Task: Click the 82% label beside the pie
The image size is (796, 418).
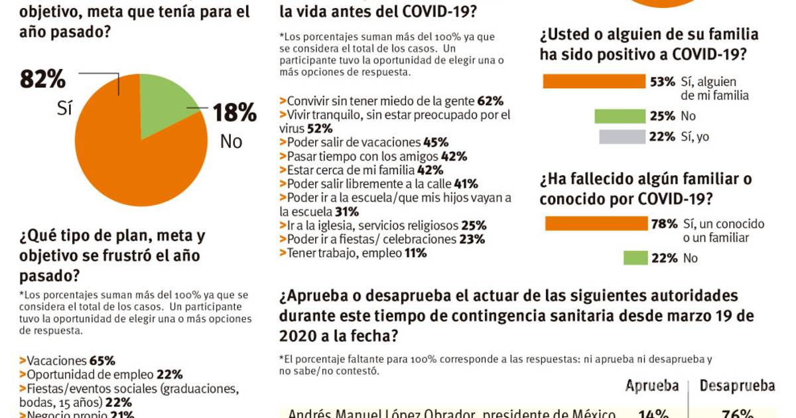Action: point(43,80)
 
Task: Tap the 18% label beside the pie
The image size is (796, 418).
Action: point(234,113)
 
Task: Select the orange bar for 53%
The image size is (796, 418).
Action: point(594,82)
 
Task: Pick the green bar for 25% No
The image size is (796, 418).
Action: point(620,116)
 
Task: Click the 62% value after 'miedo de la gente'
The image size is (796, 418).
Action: point(490,102)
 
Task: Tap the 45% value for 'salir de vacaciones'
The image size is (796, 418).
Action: point(436,143)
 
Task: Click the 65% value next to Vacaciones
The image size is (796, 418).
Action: point(102,361)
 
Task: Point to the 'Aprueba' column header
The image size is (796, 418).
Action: point(652,386)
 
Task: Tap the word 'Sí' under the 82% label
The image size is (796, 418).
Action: point(64,109)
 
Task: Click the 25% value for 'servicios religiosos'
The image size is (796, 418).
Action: point(474,226)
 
